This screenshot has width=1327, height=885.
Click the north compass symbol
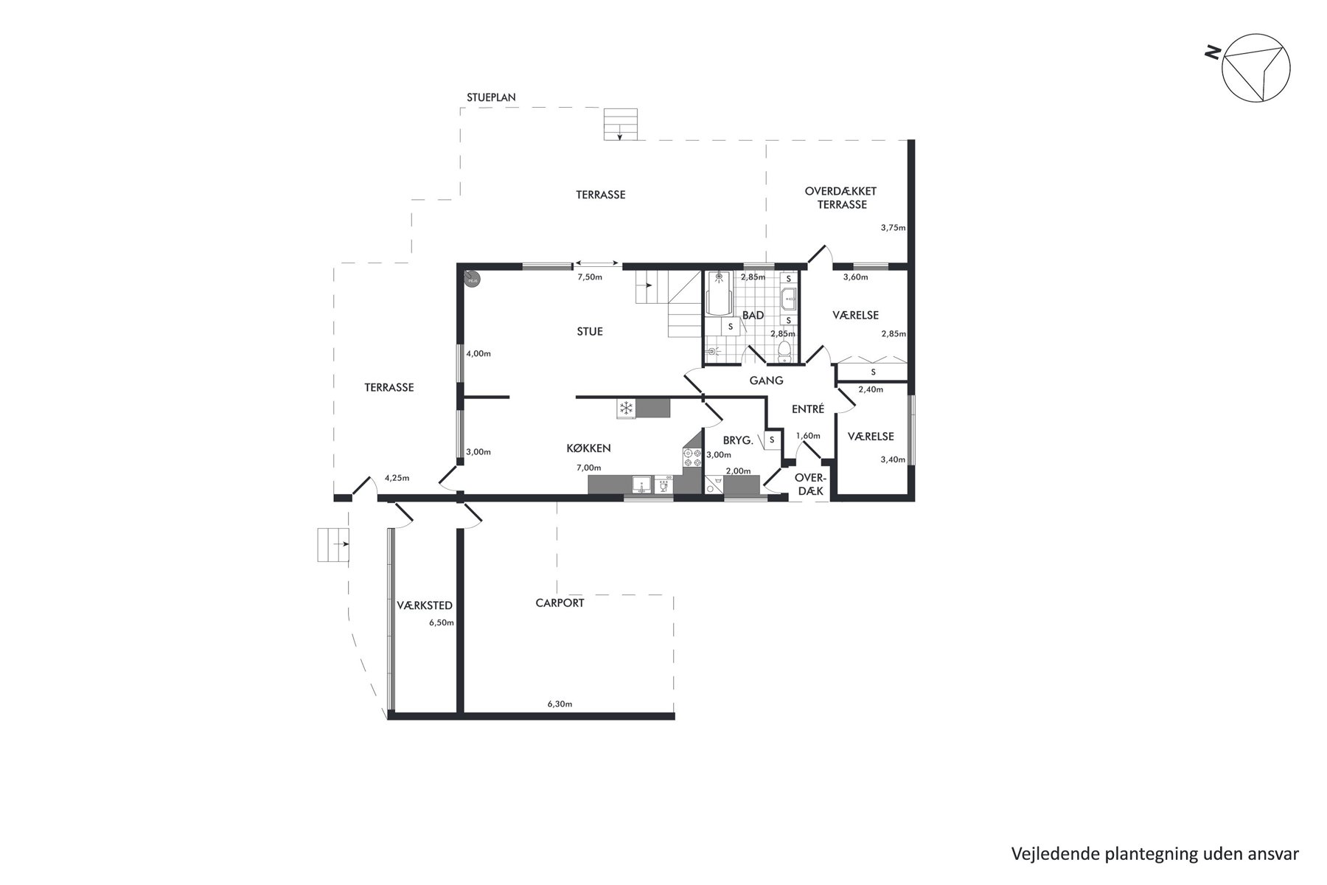coord(1255,68)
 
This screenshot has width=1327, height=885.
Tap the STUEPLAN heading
coord(491,97)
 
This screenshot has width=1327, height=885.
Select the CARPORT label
coord(560,603)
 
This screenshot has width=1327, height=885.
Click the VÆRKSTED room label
coord(424,605)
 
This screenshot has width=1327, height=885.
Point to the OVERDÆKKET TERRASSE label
coord(840,198)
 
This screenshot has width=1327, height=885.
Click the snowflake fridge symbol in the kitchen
coord(626,408)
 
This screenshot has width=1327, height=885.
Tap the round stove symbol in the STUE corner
coord(472,279)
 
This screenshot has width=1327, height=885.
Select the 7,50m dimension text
coord(590,277)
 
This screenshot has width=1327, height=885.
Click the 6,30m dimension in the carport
coord(560,704)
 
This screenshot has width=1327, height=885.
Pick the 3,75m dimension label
coord(893,228)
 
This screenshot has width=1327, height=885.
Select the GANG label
coord(766,381)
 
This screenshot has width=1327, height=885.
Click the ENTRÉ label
coord(807,409)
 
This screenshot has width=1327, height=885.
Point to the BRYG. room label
coord(738,440)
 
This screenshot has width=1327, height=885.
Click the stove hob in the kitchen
coord(692,458)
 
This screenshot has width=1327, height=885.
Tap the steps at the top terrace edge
coord(620,124)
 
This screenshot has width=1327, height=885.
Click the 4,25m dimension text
coord(397,478)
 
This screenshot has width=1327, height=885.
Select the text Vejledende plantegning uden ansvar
coord(1154,854)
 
